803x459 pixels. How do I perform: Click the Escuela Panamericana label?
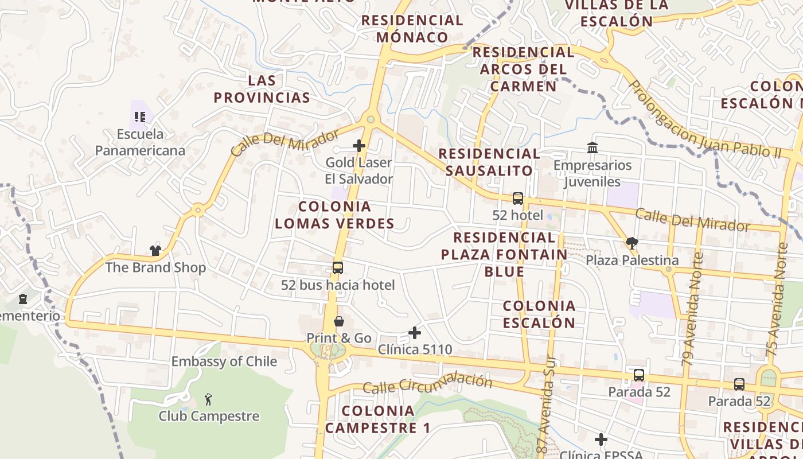click(140, 142)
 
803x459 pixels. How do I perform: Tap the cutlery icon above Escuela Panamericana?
click(140, 117)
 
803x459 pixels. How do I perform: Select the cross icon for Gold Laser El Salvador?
click(359, 146)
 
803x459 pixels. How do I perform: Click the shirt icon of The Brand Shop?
click(155, 250)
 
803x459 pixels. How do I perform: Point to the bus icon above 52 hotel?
click(518, 199)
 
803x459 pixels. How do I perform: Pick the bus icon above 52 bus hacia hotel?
click(338, 267)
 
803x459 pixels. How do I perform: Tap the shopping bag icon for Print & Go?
click(339, 321)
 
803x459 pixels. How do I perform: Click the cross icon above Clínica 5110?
click(415, 332)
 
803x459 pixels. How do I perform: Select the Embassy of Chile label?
click(224, 361)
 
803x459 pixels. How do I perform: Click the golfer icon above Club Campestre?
click(209, 399)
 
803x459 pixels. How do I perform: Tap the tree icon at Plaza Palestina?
click(632, 243)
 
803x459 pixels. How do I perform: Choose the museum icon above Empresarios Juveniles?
click(592, 148)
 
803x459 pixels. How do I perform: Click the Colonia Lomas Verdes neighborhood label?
click(335, 215)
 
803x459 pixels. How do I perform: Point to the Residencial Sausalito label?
click(489, 162)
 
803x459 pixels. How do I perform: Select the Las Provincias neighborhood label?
click(262, 88)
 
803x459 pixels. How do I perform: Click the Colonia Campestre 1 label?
click(377, 419)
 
